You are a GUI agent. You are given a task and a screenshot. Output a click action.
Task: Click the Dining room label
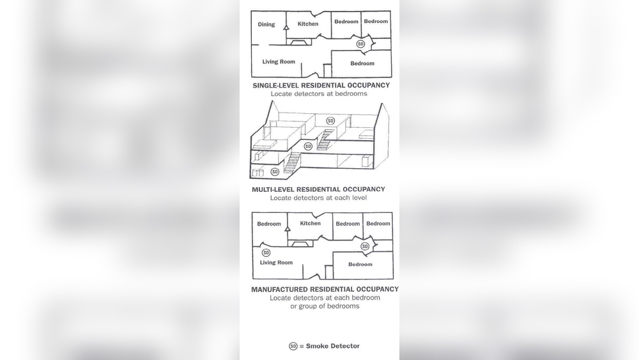tap(266, 24)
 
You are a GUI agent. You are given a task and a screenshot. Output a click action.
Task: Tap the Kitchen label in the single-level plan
tap(308, 24)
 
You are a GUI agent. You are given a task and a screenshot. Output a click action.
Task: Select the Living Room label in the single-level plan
tap(279, 61)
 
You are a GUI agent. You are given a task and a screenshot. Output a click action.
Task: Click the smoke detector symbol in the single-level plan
tap(360, 43)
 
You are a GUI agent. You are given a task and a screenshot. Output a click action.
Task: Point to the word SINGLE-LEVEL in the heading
tap(275, 85)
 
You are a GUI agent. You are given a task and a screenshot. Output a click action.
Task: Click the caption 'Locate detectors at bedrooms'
tap(319, 94)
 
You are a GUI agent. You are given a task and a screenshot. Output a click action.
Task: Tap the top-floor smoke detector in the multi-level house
tap(330, 121)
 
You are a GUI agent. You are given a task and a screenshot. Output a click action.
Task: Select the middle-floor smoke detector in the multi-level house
tap(308, 146)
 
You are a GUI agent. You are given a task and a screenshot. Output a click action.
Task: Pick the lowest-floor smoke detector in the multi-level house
tap(275, 171)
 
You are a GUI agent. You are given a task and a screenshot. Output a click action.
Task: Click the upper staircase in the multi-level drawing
tap(325, 139)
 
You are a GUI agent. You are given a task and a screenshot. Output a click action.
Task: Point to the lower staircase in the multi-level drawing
tap(292, 162)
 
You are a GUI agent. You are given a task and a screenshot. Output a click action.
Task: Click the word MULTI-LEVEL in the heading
tap(273, 189)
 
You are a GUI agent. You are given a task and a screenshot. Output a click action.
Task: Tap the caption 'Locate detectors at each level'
tap(318, 198)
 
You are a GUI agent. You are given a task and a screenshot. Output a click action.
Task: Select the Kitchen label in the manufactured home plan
tap(310, 223)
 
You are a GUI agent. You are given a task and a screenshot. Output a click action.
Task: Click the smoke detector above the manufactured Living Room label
tap(266, 253)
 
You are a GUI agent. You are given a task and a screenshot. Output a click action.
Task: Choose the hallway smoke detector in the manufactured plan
tap(365, 246)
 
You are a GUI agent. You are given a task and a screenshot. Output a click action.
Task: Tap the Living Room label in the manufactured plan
tap(276, 263)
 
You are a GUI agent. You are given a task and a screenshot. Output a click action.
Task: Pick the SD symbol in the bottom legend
tap(293, 346)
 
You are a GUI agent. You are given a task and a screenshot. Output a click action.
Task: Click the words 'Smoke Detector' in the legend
tap(332, 346)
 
